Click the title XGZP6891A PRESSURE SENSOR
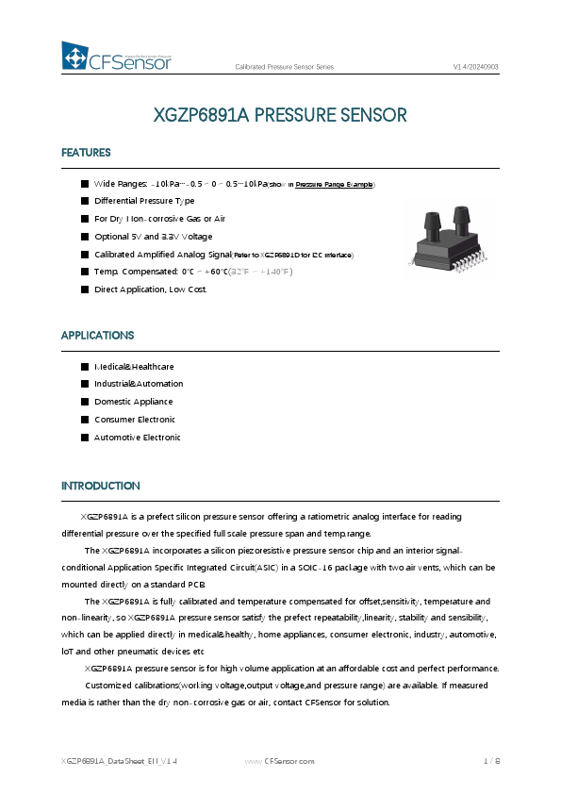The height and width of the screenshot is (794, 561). (x=280, y=116)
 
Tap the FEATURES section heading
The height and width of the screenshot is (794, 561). (x=86, y=153)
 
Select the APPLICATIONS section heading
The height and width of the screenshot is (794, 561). (x=97, y=335)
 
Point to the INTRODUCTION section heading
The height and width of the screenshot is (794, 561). (x=101, y=486)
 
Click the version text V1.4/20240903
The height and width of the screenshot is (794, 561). (x=476, y=67)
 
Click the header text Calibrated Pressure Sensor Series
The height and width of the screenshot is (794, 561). (x=284, y=67)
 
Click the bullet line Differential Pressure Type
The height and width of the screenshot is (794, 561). (x=144, y=201)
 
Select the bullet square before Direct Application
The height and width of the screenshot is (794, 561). (x=85, y=289)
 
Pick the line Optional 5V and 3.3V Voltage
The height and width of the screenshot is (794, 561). (x=153, y=236)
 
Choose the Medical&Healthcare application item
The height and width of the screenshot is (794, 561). (x=134, y=366)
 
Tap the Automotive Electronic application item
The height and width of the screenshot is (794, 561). (x=137, y=438)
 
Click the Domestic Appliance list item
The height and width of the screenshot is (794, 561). (x=134, y=402)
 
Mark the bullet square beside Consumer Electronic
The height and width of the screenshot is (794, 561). (x=85, y=420)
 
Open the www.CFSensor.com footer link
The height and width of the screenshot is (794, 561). (x=279, y=760)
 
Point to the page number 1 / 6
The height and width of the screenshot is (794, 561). (x=491, y=760)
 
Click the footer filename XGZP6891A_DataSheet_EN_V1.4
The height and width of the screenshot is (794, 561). (x=119, y=760)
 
